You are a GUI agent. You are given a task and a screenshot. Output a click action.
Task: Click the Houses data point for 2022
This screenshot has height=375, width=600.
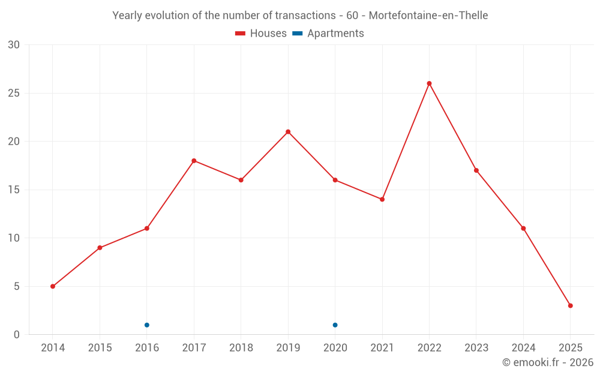(x=429, y=83)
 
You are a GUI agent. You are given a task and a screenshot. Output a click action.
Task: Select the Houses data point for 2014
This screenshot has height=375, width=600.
(x=53, y=286)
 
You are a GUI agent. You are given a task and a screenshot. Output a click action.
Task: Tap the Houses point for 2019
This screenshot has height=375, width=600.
(x=288, y=132)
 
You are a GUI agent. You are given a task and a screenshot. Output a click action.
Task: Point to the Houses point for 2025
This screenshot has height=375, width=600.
(x=570, y=305)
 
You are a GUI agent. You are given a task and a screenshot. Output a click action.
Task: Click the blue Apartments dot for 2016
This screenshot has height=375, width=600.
(x=147, y=325)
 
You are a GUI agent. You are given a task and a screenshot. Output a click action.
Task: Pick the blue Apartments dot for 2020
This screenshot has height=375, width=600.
(x=335, y=325)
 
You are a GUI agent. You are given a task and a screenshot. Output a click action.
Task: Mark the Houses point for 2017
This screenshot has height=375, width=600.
(x=194, y=161)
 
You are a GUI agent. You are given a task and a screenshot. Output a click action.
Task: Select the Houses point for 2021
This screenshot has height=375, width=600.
(x=382, y=199)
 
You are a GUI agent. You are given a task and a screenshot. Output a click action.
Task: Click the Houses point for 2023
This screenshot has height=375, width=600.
(x=476, y=170)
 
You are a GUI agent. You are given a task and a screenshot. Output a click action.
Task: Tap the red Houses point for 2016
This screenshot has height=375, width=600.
(x=147, y=229)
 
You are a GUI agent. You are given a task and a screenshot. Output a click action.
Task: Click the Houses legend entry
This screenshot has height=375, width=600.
(x=261, y=34)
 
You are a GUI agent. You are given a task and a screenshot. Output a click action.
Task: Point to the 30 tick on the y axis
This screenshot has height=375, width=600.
(x=14, y=45)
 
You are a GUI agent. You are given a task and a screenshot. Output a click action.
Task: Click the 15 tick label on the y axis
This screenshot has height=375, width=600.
(x=14, y=190)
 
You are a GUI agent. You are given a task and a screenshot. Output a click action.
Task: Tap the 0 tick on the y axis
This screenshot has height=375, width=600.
(x=17, y=335)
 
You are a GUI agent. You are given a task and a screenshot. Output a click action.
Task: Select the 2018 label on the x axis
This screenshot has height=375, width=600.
(x=241, y=348)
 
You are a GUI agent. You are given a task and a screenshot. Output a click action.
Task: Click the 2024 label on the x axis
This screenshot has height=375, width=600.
(x=523, y=348)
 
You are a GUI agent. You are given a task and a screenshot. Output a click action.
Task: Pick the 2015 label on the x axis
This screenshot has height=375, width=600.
(x=100, y=348)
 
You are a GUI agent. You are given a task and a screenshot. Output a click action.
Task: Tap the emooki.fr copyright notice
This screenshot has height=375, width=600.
(x=548, y=362)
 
